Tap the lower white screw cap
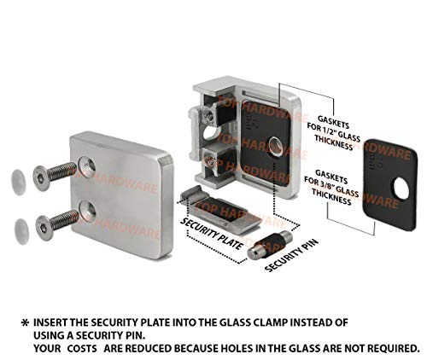23,226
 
